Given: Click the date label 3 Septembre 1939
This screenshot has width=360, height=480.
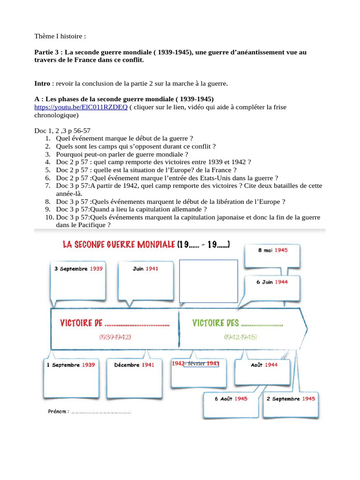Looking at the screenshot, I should coord(79,269).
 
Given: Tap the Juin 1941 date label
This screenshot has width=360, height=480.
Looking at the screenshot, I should coord(146,269).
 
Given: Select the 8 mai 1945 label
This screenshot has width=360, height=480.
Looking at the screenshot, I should coord(273,250).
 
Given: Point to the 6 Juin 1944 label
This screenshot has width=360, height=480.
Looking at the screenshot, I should coord(272,282).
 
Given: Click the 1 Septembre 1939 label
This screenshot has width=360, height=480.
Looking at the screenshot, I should coord(71,365).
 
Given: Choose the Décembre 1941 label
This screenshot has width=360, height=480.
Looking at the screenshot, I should coord(135,365).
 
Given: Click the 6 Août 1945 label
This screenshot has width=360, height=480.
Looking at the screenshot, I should coord(231,398).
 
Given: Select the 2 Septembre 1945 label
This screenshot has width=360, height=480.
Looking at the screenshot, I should coord(291,398).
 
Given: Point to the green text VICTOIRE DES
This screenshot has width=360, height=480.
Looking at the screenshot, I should coord(216,323).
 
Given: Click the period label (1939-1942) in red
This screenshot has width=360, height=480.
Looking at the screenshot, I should coord(115,337).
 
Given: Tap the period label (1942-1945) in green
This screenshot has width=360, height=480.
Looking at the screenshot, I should coord(240,337).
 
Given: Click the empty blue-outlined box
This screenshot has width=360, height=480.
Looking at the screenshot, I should coord(209,281).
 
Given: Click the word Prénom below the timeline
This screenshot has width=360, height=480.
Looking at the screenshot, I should coord(58,412).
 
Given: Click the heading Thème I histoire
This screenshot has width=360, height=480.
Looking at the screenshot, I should coord(60,36).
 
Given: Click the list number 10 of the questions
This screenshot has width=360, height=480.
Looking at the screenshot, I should coord(50,217).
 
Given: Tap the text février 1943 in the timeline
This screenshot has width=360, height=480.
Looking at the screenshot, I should coord(202,363).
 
